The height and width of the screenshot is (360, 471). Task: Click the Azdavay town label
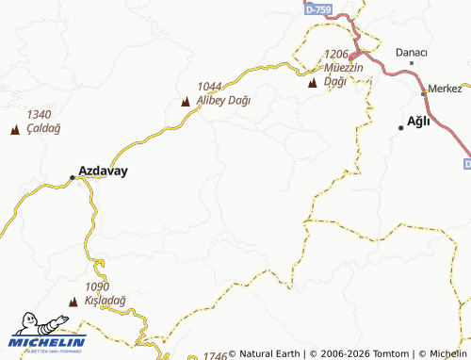pyautogui.click(x=104, y=172)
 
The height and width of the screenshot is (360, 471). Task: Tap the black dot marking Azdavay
pyautogui.click(x=72, y=177)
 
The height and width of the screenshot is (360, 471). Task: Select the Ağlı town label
pyautogui.click(x=417, y=120)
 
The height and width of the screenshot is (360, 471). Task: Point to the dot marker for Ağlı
pyautogui.click(x=401, y=128)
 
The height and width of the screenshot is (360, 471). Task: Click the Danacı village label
pyautogui.click(x=412, y=52)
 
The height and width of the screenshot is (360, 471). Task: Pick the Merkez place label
pyautogui.click(x=445, y=89)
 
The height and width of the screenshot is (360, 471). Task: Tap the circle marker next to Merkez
pyautogui.click(x=423, y=92)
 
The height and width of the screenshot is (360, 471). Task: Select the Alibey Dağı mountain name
pyautogui.click(x=224, y=101)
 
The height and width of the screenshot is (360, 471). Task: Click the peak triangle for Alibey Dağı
pyautogui.click(x=186, y=102)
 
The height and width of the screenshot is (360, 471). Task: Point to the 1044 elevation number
pyautogui.click(x=209, y=87)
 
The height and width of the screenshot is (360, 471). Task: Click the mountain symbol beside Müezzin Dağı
pyautogui.click(x=313, y=84)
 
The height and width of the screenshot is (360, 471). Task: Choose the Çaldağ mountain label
pyautogui.click(x=44, y=127)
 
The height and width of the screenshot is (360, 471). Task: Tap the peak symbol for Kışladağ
pyautogui.click(x=73, y=302)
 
